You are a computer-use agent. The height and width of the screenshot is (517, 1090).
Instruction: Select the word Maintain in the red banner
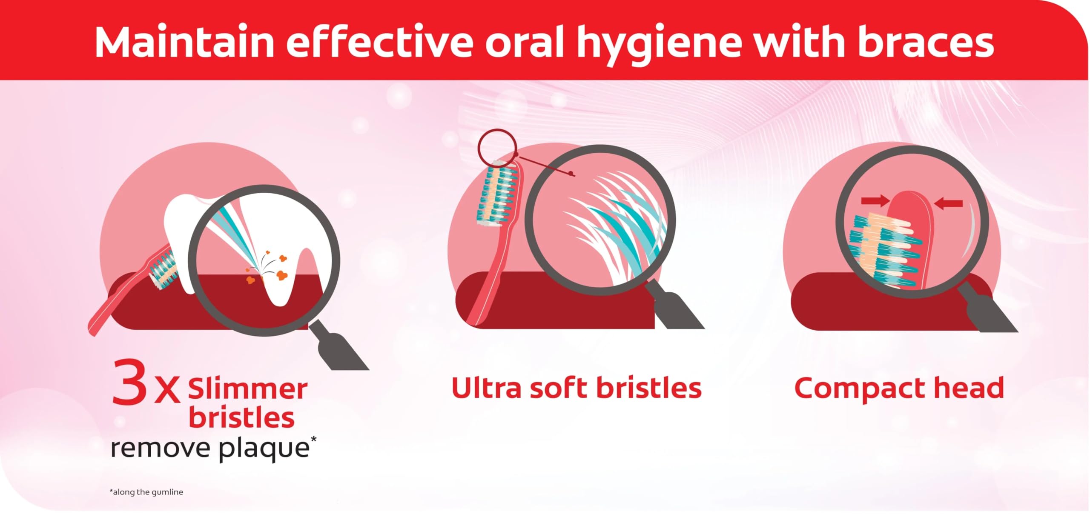(185, 42)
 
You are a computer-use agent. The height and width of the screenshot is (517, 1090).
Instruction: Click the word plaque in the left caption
(264, 449)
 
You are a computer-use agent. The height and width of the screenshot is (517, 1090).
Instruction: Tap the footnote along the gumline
(146, 492)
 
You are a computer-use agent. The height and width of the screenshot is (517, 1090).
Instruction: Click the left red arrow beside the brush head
(875, 200)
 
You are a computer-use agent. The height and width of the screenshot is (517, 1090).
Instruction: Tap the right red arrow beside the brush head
(948, 204)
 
